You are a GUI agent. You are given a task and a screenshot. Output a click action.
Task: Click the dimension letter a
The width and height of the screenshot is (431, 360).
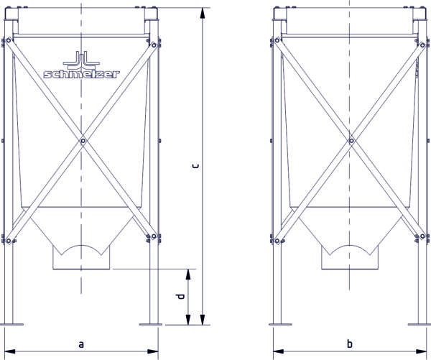(80, 344)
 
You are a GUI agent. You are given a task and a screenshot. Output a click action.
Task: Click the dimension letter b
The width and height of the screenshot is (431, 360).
(350, 343)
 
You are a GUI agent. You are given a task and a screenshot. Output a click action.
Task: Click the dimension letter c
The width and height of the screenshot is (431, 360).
(195, 166)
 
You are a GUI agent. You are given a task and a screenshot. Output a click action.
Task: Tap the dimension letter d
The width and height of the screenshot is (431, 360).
(180, 296)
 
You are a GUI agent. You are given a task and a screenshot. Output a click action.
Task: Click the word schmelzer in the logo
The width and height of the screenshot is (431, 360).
(82, 74)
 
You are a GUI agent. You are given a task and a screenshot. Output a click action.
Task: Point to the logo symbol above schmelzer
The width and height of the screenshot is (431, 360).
(81, 60)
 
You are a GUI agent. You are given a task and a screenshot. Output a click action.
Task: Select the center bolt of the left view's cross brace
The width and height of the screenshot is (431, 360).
(83, 141)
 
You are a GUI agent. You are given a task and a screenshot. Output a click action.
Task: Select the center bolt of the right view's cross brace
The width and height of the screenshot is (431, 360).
(351, 141)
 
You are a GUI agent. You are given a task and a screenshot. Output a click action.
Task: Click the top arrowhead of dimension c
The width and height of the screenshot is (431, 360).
(203, 13)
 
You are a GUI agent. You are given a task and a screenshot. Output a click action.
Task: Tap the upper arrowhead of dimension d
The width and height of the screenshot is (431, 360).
(188, 274)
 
